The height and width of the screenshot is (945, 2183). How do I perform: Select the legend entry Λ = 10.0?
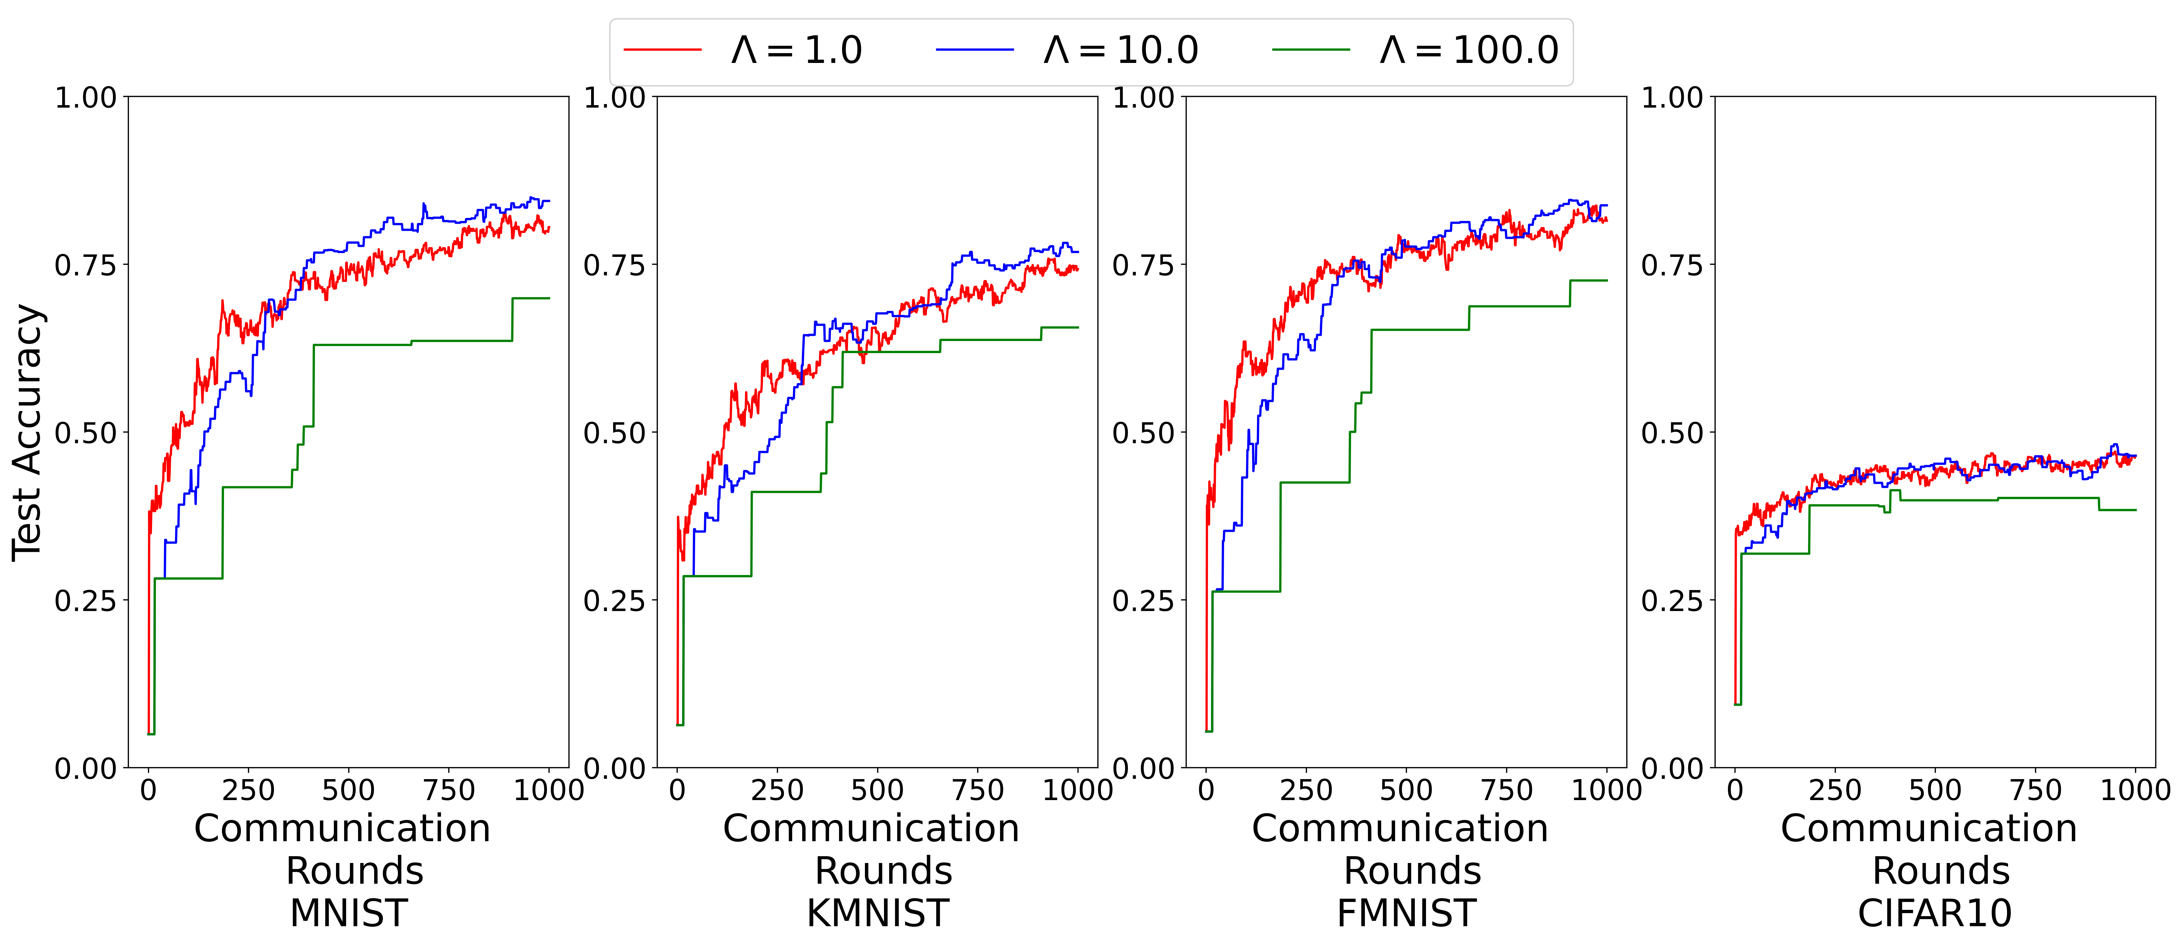point(1120,51)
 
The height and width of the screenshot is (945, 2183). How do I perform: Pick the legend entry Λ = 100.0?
point(1469,51)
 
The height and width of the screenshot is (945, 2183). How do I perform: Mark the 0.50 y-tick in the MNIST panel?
point(85,433)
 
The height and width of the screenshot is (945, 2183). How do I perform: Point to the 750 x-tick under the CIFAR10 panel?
point(2036,791)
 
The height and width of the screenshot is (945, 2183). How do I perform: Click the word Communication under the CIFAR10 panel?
point(1929,828)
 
